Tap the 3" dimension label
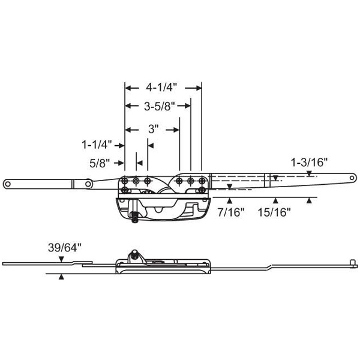click(152, 128)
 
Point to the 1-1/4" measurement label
click(97, 145)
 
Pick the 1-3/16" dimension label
click(310, 161)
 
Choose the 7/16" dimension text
click(231, 211)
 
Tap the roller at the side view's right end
click(354, 262)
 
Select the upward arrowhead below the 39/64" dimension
click(61, 277)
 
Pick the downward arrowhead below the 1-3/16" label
click(309, 173)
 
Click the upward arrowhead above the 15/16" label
click(276, 200)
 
